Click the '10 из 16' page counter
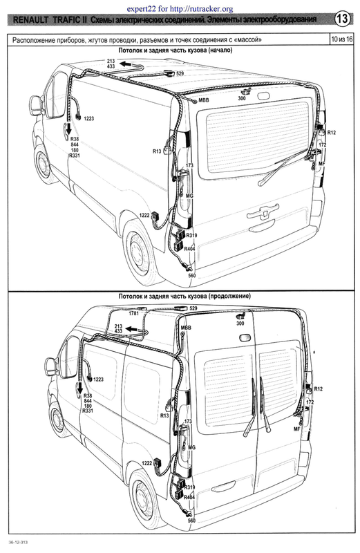coord(341,39)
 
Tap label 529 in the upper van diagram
coord(180,73)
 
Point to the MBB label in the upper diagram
coord(203,100)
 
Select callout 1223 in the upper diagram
coord(89,118)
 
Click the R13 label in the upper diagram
coord(157,151)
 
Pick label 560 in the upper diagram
coord(192,275)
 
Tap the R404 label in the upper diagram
coord(189,249)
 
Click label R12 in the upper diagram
coord(332,133)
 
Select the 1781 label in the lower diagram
coord(133,313)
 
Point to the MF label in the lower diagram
coord(296,429)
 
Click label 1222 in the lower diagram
coord(146,463)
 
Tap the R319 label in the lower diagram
coord(189,487)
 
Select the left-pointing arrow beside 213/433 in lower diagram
coord(133,329)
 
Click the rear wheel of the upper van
coord(140,250)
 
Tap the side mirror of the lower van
coord(51,367)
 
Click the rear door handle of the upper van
coord(263,212)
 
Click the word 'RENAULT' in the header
coord(31,20)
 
